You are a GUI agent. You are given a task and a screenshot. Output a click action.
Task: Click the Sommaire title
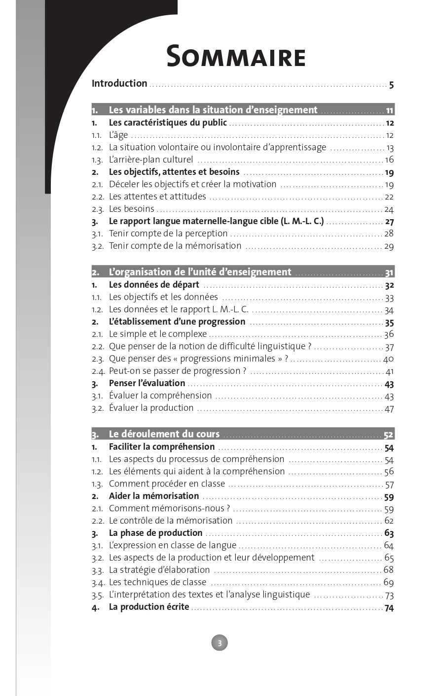click(236, 57)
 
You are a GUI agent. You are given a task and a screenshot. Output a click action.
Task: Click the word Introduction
click(119, 83)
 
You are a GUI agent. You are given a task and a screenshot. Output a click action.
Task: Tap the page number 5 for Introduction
click(391, 85)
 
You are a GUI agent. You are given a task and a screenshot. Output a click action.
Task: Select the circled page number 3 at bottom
click(219, 642)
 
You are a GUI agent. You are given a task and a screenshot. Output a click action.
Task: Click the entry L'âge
click(118, 135)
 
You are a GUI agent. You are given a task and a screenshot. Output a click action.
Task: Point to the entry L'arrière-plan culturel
click(151, 159)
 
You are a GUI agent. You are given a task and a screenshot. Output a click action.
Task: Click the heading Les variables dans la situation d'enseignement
click(213, 110)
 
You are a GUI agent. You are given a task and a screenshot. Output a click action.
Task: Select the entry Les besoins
click(132, 209)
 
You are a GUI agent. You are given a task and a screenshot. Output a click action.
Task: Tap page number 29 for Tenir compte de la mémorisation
click(389, 246)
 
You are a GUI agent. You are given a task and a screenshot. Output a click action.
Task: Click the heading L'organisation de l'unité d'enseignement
click(200, 272)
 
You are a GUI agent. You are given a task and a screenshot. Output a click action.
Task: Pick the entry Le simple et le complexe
click(158, 334)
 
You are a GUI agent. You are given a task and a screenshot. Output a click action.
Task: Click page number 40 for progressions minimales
click(388, 359)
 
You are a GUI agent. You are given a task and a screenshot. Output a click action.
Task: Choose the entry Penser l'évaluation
click(147, 383)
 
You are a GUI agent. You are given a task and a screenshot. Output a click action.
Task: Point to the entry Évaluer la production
click(151, 408)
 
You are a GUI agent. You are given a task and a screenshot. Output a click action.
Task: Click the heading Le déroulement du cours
click(164, 434)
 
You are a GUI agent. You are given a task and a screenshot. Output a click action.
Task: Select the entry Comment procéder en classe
click(167, 484)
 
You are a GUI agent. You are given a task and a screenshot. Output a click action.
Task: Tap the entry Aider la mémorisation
click(154, 496)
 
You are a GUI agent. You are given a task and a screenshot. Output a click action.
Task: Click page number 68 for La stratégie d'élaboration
click(389, 570)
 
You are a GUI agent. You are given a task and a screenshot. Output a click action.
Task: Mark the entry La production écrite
click(149, 607)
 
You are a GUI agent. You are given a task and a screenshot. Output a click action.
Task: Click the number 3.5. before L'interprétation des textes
click(98, 595)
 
